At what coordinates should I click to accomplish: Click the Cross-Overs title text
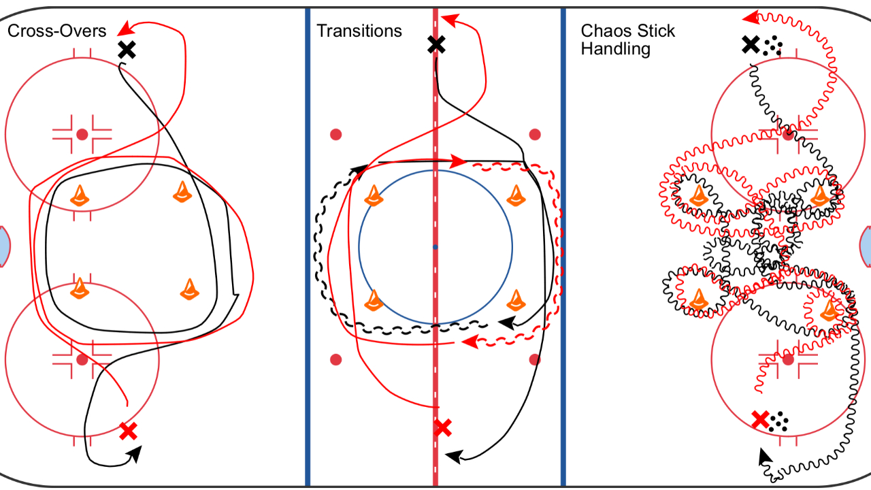point(56,31)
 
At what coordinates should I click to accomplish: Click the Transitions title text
point(359,31)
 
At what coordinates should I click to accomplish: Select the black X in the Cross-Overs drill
point(126,49)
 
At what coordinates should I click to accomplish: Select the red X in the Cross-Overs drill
point(128,430)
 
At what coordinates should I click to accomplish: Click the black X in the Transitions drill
point(436,45)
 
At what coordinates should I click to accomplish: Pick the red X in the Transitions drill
point(442,427)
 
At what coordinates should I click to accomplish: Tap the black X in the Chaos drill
point(750,45)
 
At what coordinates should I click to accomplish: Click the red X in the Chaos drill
point(760,419)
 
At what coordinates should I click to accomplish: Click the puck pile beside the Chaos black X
point(772,47)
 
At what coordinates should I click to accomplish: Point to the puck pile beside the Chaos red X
point(780,422)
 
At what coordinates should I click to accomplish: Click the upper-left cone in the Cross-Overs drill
point(80,195)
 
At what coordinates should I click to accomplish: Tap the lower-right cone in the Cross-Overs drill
point(190,289)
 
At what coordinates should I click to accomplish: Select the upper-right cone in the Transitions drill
point(518,196)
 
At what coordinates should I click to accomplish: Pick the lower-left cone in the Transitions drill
point(373,300)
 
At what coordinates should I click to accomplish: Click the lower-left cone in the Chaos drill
point(698,299)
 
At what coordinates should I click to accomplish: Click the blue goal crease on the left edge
point(4,246)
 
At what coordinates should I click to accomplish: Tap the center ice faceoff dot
point(435,246)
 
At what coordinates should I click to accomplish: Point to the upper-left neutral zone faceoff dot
point(335,134)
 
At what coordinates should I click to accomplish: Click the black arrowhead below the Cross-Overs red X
point(135,453)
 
